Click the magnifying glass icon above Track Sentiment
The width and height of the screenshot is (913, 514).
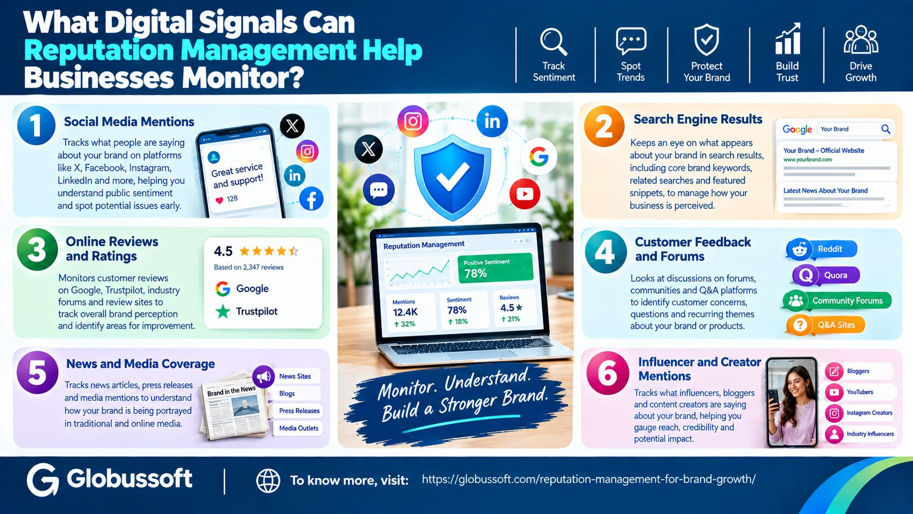tap(553, 41)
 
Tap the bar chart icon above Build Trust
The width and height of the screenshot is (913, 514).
tap(787, 39)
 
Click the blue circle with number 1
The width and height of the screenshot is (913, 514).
tap(36, 126)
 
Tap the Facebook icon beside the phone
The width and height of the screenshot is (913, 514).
tap(311, 199)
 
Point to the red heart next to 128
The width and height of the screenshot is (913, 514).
tap(220, 200)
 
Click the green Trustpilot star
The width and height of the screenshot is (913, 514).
tap(223, 311)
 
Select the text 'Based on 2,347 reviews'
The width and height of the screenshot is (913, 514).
tap(248, 268)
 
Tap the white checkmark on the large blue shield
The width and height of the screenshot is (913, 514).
tap(453, 176)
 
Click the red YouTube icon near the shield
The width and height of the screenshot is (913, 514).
tap(525, 194)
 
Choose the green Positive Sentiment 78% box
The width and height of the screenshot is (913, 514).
tap(495, 268)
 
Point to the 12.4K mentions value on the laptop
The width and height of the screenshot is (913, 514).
tap(405, 312)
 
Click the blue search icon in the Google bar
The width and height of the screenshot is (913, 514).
tap(885, 129)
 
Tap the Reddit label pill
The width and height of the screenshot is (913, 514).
tap(822, 249)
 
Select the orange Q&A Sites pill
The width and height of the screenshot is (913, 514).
tap(826, 325)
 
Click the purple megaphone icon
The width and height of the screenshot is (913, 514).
tap(263, 377)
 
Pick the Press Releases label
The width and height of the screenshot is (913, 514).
tap(299, 411)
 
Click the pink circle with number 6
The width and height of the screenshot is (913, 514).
tap(607, 373)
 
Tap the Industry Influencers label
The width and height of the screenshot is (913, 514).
tap(870, 434)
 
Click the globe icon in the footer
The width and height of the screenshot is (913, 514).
tap(268, 481)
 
